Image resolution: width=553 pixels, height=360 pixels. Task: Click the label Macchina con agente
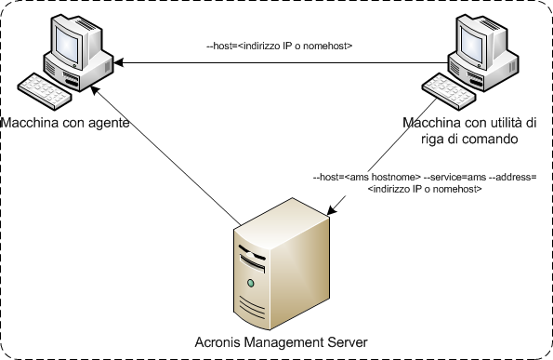click(x=65, y=123)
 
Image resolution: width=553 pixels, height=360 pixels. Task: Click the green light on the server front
click(x=250, y=282)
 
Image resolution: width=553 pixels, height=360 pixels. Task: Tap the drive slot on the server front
click(x=256, y=253)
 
